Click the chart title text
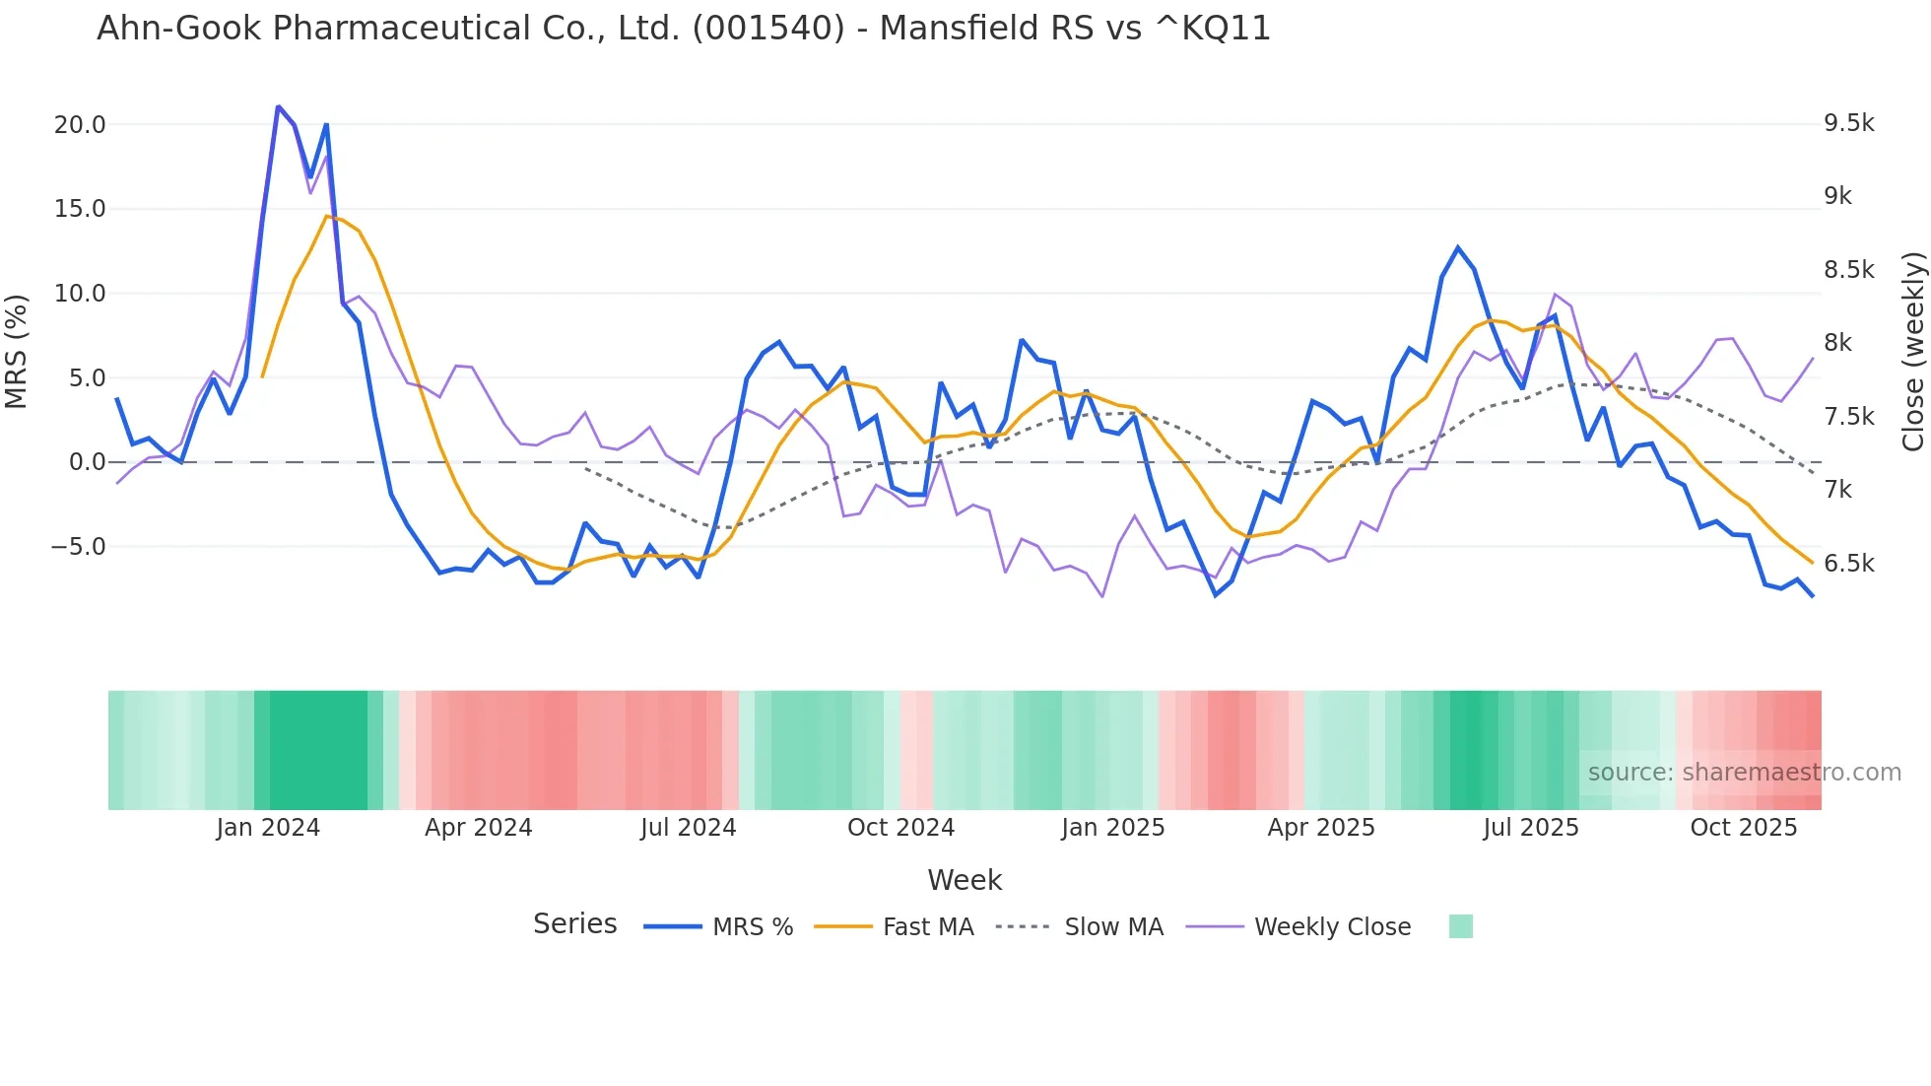click(x=684, y=28)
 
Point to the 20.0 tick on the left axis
click(x=80, y=125)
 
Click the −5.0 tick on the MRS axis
click(x=78, y=547)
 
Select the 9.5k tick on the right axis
click(x=1848, y=123)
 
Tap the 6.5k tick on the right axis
click(x=1848, y=564)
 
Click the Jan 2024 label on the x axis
click(x=268, y=828)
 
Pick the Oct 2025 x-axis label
click(x=1743, y=828)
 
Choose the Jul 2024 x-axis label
click(x=688, y=828)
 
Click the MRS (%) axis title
click(x=17, y=352)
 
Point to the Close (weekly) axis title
click(x=1912, y=352)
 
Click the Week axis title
click(x=965, y=880)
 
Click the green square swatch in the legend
click(x=1461, y=926)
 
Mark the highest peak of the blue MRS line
click(x=279, y=106)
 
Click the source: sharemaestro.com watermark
click(x=1744, y=773)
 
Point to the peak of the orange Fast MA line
click(x=327, y=216)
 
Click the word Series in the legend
click(x=574, y=924)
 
